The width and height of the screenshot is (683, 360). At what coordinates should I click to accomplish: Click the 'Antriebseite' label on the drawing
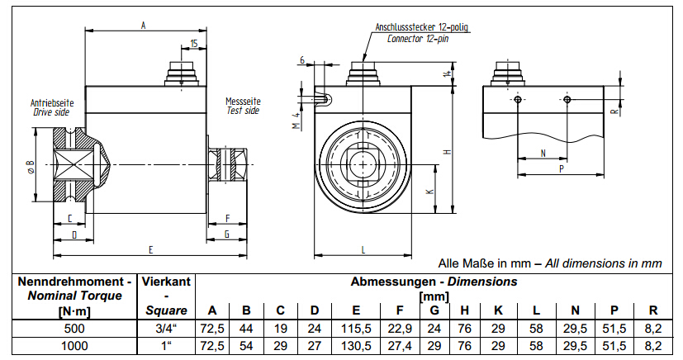tap(52, 103)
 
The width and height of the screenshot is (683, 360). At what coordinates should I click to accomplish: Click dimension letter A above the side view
tap(144, 26)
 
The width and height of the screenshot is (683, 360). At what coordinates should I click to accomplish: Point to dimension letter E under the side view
tap(150, 248)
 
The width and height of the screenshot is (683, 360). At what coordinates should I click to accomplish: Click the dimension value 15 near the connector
tap(193, 43)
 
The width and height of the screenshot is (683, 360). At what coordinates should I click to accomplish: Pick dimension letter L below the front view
tap(363, 248)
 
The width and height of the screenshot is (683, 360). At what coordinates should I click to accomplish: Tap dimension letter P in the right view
tap(562, 168)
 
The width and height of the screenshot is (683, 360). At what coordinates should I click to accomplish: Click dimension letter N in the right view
tap(543, 153)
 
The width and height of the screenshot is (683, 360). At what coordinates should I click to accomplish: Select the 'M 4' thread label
tap(295, 121)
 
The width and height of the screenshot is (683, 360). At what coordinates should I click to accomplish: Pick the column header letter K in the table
tap(499, 310)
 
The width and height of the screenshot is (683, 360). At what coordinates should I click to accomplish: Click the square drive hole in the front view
tap(365, 159)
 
